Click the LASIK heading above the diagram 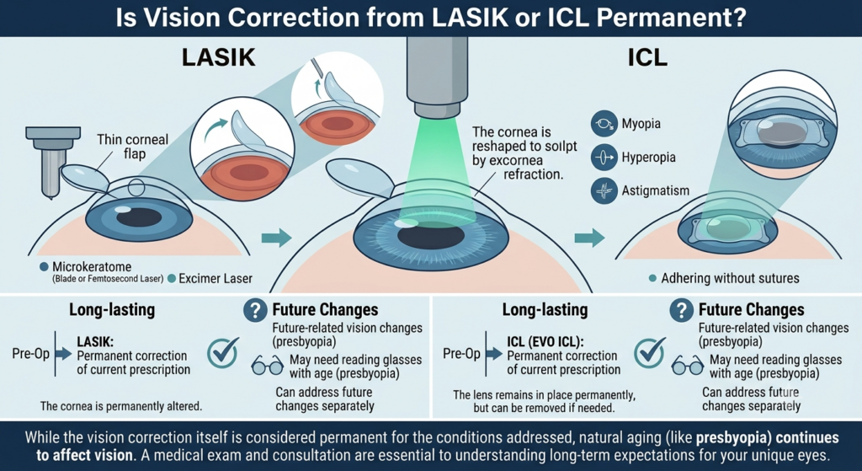point(218,57)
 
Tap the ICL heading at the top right point(647,57)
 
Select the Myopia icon point(604,124)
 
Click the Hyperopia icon point(604,158)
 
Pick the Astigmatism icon point(604,191)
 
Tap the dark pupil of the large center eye point(432,236)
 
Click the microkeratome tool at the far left point(53,159)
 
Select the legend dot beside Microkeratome point(45,267)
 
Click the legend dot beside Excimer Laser point(172,278)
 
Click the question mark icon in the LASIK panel point(255,311)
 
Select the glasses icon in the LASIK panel point(267,365)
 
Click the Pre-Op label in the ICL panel point(462,354)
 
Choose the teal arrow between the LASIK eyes point(276,238)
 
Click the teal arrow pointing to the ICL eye point(589,238)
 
